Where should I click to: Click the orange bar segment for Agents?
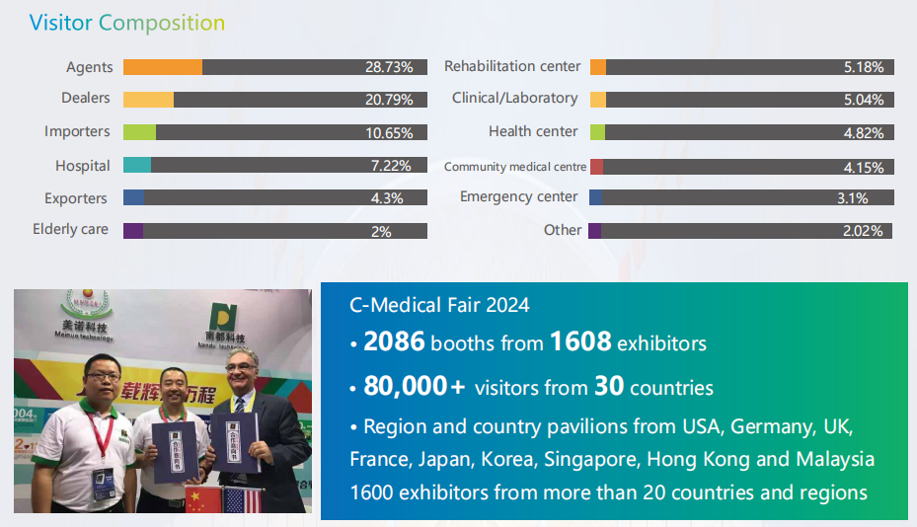163,67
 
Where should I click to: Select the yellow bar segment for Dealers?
148,100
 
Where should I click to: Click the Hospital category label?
83,166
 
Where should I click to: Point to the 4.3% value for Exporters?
387,197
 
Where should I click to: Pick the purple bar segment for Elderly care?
133,231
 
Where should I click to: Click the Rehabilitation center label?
512,66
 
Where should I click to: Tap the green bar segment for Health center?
597,132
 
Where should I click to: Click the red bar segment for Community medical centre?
596,167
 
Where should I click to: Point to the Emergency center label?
518,197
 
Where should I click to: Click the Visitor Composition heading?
127,22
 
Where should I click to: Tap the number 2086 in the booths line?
394,341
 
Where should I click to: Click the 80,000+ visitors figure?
415,386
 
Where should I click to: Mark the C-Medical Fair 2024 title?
439,305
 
